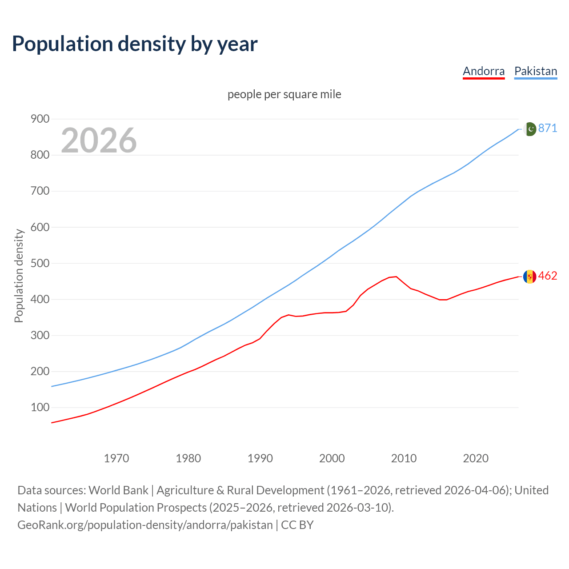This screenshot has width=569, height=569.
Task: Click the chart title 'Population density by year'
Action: click(x=135, y=44)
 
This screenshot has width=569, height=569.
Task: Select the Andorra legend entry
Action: click(x=484, y=71)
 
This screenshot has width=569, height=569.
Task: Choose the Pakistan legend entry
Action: click(x=536, y=71)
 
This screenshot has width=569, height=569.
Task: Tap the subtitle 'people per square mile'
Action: click(x=284, y=94)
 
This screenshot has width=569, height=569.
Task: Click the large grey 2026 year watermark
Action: click(x=99, y=140)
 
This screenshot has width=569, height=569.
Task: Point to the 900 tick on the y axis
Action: click(x=40, y=119)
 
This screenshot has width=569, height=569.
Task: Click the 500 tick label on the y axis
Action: click(x=40, y=263)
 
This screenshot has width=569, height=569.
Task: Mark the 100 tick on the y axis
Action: click(x=40, y=407)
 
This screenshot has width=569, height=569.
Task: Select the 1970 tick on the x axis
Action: click(x=116, y=458)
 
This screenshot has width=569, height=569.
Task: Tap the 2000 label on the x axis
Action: click(x=332, y=458)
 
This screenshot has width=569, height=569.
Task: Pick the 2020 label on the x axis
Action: click(x=476, y=458)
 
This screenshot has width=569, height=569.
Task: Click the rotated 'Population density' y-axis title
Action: click(x=19, y=276)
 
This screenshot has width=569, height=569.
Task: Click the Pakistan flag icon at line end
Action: click(x=530, y=129)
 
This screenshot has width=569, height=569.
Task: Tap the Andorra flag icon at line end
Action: click(x=529, y=276)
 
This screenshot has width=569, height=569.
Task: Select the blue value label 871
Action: click(x=548, y=128)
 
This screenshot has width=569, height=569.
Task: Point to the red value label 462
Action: click(x=548, y=276)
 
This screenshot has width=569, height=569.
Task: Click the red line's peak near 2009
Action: click(x=396, y=276)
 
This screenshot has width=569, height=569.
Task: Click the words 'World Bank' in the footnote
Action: click(x=118, y=490)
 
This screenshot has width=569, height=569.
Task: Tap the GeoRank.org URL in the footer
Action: click(x=145, y=525)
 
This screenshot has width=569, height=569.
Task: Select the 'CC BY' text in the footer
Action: click(x=297, y=525)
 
